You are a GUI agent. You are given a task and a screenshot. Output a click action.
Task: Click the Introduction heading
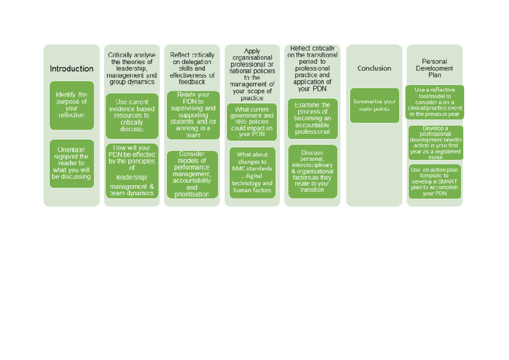pos(72,69)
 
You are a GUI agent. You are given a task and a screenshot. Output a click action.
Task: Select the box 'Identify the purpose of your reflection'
pos(72,105)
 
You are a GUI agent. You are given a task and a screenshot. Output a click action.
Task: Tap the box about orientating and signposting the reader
pos(72,163)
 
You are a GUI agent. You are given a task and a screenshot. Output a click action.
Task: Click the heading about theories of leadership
pos(132,68)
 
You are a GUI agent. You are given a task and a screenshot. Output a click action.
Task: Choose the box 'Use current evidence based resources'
pos(132,116)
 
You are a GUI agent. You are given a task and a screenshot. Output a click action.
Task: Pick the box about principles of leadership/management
pos(132,171)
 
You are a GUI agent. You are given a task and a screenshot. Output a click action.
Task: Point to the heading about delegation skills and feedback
pos(192,68)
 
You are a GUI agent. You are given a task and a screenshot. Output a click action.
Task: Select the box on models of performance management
pos(192,174)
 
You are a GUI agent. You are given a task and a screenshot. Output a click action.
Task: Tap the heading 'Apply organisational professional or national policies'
pos(252,75)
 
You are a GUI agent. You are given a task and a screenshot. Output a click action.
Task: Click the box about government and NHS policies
pos(252,122)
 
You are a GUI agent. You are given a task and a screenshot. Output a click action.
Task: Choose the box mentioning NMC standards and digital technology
pos(252,172)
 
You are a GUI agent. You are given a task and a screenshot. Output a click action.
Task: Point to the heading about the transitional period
pos(313,68)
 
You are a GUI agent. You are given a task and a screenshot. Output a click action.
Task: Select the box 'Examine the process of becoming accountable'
pos(313,118)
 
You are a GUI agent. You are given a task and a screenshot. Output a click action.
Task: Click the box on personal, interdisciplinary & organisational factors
pos(313,172)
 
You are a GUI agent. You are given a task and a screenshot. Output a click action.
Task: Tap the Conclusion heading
pos(374,68)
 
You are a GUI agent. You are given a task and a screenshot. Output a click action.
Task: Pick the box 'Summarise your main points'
pos(375,105)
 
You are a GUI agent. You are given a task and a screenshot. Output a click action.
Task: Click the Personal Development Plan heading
pos(435,68)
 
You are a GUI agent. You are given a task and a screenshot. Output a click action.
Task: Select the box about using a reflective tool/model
pos(435,102)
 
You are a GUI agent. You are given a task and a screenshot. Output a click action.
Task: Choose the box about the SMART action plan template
pos(435,181)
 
